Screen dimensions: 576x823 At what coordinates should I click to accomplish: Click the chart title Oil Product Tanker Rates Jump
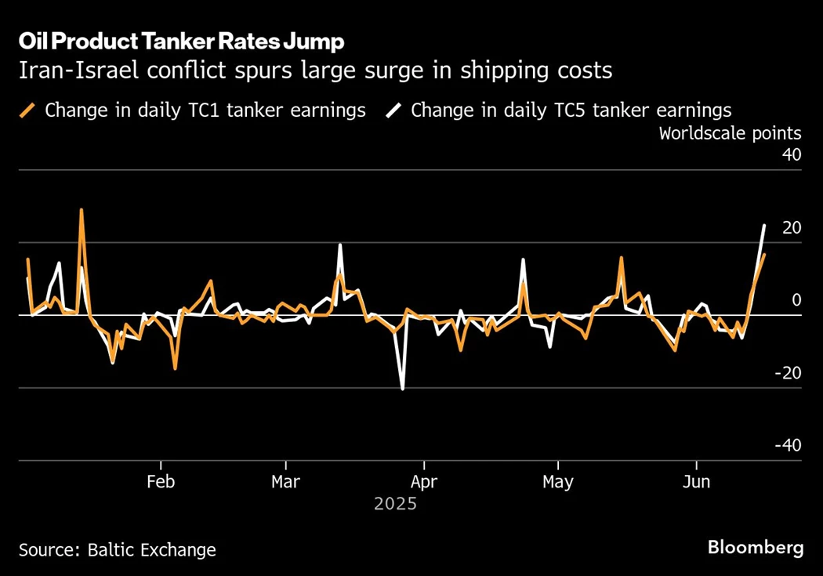point(181,42)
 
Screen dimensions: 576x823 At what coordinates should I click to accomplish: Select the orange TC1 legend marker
point(28,110)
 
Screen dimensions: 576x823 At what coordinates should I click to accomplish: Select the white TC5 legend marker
point(394,110)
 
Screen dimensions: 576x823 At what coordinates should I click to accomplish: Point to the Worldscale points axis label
point(730,132)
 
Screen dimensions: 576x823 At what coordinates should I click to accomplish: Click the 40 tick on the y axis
point(792,155)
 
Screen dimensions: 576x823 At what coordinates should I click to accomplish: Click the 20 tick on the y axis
point(792,228)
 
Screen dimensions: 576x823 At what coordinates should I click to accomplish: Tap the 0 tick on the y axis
point(796,301)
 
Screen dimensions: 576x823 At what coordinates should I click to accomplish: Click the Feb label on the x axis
point(161,481)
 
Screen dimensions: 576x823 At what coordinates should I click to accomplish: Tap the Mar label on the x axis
point(285,481)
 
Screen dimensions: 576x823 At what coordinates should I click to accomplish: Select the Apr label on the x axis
point(423,481)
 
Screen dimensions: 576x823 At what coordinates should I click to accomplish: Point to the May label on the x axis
point(557,481)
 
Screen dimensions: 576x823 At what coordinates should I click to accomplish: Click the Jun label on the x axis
point(696,481)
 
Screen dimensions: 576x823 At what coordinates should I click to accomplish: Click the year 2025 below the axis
point(395,504)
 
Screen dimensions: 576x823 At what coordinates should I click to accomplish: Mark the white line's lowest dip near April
point(402,389)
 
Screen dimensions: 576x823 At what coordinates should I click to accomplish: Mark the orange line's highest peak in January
point(82,210)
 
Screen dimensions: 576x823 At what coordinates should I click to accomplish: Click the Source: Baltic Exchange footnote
point(117,549)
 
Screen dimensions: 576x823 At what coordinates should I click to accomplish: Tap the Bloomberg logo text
point(755,548)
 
